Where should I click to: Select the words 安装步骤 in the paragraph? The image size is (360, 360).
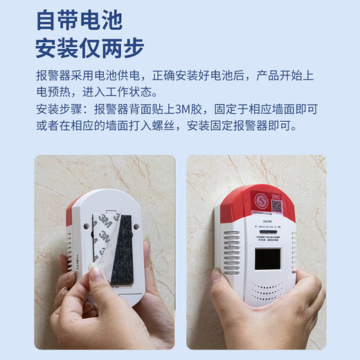[57, 109]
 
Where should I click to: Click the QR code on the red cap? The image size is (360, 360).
[276, 205]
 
